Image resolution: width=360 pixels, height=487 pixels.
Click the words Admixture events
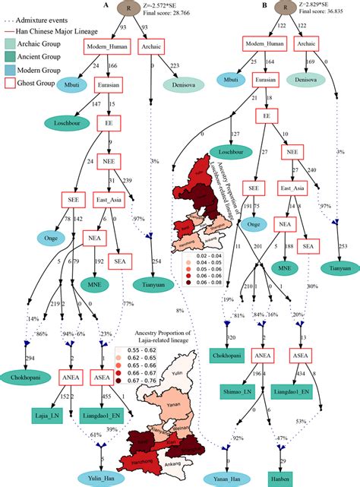click(46, 7)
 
